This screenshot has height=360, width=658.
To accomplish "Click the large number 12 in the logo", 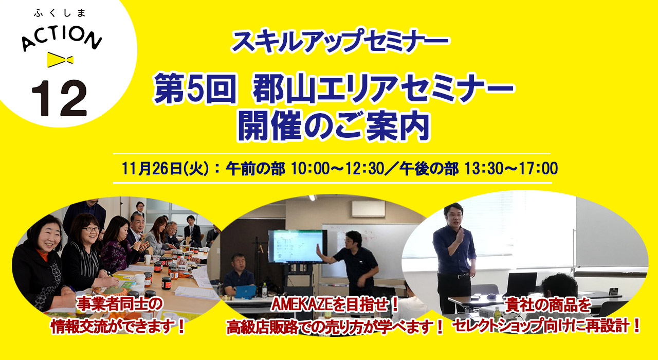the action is pyautogui.click(x=59, y=98).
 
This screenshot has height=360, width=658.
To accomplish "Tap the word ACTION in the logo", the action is pyautogui.click(x=62, y=39).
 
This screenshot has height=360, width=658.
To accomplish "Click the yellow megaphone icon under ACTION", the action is pyautogui.click(x=60, y=60).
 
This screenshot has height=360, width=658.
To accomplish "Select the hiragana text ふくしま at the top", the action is pyautogui.click(x=60, y=13).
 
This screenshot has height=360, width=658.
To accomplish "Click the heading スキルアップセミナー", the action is pyautogui.click(x=340, y=41).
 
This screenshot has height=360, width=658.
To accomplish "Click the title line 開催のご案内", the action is pyautogui.click(x=334, y=127).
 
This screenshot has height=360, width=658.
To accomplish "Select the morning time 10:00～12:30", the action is pyautogui.click(x=338, y=169).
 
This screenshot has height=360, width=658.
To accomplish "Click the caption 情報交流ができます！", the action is pyautogui.click(x=118, y=327).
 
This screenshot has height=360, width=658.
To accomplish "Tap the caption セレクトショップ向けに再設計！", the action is pyautogui.click(x=546, y=326).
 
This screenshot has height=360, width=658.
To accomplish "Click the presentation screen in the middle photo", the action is pyautogui.click(x=298, y=246).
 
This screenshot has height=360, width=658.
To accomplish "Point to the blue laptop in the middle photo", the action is pyautogui.click(x=244, y=292).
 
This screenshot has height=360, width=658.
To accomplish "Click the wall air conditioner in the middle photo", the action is pyautogui.click(x=369, y=209).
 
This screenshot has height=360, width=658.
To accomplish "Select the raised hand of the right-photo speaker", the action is pyautogui.click(x=460, y=236).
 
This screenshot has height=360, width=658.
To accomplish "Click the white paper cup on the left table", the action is pyautogui.click(x=148, y=259).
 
